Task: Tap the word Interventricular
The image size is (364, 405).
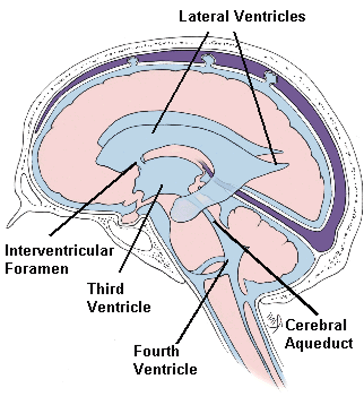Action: (x=59, y=251)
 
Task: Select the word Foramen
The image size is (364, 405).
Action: (x=37, y=268)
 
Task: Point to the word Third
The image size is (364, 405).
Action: (x=106, y=289)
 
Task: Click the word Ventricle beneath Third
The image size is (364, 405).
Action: (x=119, y=307)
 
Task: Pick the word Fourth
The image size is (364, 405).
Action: (x=156, y=351)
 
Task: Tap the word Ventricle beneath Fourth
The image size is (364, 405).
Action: (x=165, y=369)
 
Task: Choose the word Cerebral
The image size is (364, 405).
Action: (x=316, y=325)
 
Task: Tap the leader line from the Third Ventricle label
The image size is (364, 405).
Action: (x=140, y=230)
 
